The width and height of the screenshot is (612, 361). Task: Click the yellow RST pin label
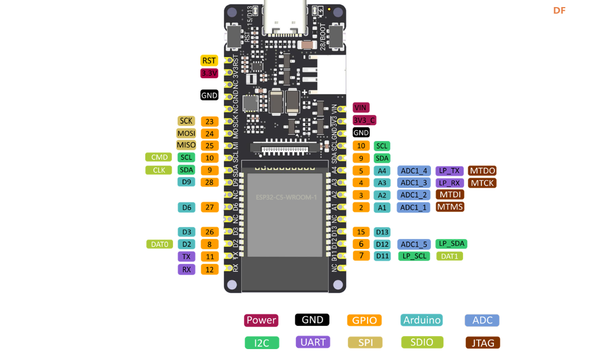tap(209, 61)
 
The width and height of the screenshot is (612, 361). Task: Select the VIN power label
tap(361, 107)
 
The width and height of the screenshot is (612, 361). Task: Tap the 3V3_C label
tap(364, 120)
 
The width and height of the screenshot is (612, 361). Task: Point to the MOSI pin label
tap(186, 133)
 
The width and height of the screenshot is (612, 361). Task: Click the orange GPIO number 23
tap(209, 121)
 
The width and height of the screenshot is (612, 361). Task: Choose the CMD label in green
tap(159, 157)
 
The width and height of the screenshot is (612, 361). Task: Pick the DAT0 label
tap(159, 244)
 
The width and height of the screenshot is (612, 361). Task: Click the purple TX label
tap(186, 256)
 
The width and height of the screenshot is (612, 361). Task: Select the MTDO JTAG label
tap(482, 171)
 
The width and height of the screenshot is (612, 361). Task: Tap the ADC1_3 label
tap(414, 183)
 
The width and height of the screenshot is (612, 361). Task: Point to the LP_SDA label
tap(451, 244)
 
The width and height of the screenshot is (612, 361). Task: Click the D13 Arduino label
tap(382, 232)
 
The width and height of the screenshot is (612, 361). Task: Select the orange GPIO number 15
tap(361, 232)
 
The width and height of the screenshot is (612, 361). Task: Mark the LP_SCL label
tap(414, 256)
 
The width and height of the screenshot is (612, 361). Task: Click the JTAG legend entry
tap(482, 343)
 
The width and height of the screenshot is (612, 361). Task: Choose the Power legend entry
tap(261, 320)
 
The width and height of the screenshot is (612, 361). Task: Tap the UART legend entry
tap(313, 342)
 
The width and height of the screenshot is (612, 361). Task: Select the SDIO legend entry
tap(422, 342)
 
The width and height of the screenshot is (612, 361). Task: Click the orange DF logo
tap(559, 10)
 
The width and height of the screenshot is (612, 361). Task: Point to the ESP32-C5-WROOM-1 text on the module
tap(286, 197)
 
